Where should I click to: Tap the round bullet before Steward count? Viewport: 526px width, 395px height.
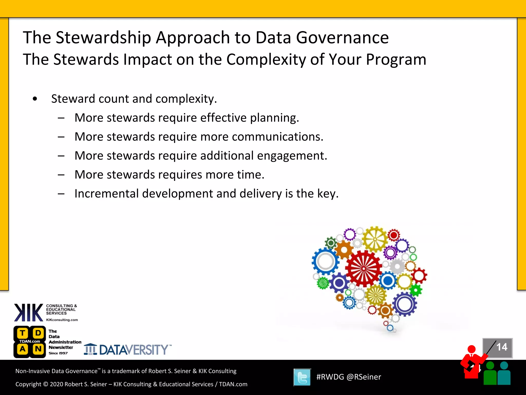tap(35, 99)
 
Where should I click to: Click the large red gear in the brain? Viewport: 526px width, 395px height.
tap(363, 269)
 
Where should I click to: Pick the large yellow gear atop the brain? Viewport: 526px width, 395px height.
tap(375, 239)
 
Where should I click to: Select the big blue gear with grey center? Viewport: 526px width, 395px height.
tap(325, 261)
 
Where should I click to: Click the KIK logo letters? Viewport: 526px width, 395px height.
tap(29, 312)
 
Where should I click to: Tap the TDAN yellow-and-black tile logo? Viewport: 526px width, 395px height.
tap(30, 342)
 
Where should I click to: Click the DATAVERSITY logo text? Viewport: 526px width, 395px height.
tap(134, 350)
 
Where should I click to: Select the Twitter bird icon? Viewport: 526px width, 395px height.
tap(302, 377)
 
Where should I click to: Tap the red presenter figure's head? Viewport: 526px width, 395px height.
tap(472, 349)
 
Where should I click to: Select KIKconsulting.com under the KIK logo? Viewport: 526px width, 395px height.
tap(62, 320)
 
